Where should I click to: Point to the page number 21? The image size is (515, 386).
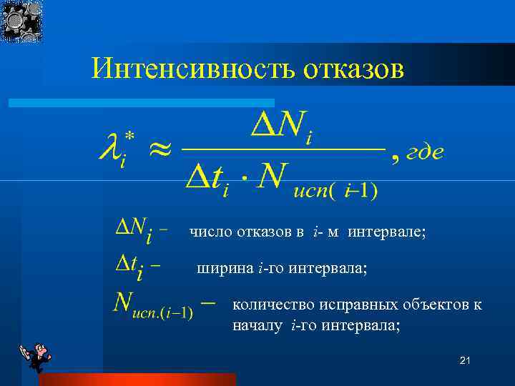point(465,362)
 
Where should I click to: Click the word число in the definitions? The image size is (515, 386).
point(207,232)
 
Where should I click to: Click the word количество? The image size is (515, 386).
point(269,305)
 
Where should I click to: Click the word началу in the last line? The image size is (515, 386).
point(259,326)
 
